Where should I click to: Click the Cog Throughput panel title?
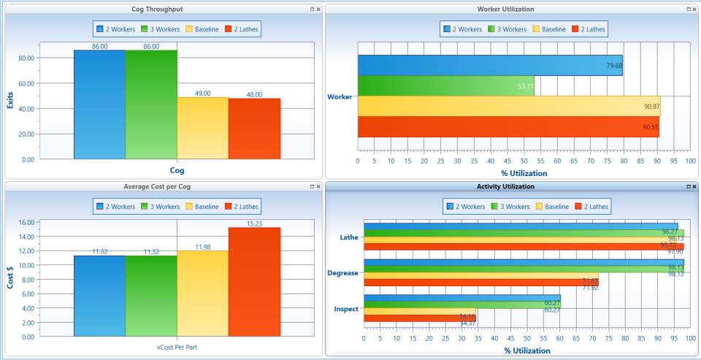162,9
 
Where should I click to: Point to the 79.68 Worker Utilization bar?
489,66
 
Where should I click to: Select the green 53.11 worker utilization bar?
445,86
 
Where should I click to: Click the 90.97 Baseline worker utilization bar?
508,107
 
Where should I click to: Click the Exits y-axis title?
11,97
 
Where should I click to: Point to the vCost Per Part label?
177,345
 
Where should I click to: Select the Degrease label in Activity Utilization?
343,273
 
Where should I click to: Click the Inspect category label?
346,309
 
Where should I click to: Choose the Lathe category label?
349,237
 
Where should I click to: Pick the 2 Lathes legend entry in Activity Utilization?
591,207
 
